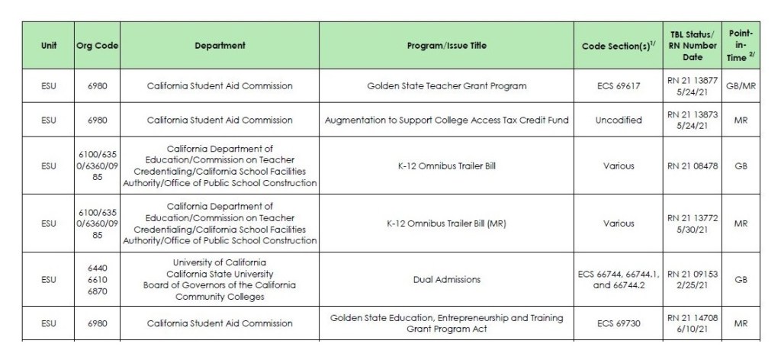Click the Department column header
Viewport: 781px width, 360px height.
click(x=220, y=46)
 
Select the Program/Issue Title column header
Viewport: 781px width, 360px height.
click(x=446, y=46)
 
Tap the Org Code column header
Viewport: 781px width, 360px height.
click(x=97, y=46)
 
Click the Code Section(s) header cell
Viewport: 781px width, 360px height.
click(x=615, y=46)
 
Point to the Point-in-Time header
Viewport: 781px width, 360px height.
click(x=741, y=46)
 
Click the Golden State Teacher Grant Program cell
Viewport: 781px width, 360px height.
click(x=446, y=86)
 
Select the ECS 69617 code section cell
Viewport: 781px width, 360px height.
click(x=615, y=86)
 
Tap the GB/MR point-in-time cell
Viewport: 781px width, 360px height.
click(x=741, y=86)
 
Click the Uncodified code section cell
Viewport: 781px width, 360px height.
click(x=615, y=120)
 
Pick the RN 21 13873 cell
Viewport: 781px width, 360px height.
click(x=693, y=120)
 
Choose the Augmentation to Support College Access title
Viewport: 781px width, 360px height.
click(x=446, y=120)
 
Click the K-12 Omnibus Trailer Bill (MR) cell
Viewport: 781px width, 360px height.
click(x=446, y=223)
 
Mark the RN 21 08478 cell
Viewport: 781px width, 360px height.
click(x=693, y=166)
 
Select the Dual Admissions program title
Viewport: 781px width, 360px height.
click(x=446, y=280)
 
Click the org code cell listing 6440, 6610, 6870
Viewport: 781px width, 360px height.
click(x=97, y=280)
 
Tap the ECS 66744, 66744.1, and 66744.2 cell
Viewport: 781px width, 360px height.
click(x=615, y=280)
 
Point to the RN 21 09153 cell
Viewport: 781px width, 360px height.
click(x=693, y=280)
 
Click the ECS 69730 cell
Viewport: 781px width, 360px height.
click(x=615, y=323)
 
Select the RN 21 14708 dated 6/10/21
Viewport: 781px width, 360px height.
click(x=693, y=323)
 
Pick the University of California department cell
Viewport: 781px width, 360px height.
click(x=220, y=280)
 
